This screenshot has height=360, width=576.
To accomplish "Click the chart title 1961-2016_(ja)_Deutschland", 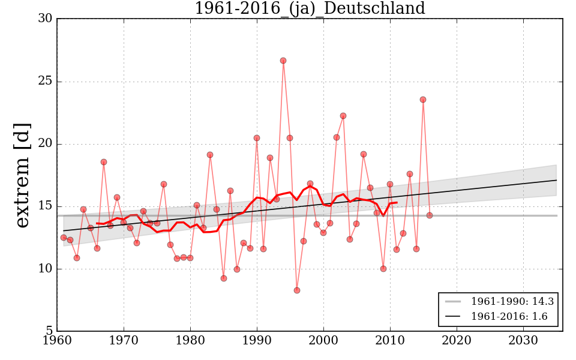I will pyautogui.click(x=310, y=9).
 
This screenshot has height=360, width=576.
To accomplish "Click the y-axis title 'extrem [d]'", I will pyautogui.click(x=22, y=175).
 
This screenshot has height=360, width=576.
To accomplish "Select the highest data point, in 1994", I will pyautogui.click(x=283, y=61).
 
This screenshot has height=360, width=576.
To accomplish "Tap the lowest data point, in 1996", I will pyautogui.click(x=296, y=290).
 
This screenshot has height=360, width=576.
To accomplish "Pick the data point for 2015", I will pyautogui.click(x=423, y=100).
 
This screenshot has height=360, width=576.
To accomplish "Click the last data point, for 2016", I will pyautogui.click(x=430, y=215).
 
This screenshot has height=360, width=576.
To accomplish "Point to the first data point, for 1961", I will pyautogui.click(x=64, y=238).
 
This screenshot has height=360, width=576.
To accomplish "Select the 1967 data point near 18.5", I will pyautogui.click(x=104, y=162).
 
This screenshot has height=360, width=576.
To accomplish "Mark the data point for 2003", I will pyautogui.click(x=343, y=116).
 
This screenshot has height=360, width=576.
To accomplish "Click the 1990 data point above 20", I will pyautogui.click(x=257, y=138).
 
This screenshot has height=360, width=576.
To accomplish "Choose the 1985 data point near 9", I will pyautogui.click(x=224, y=278).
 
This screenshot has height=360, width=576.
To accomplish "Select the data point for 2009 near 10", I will pyautogui.click(x=383, y=269).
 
